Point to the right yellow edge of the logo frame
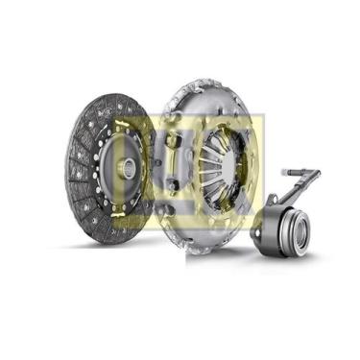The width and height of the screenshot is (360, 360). pos(260,158)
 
